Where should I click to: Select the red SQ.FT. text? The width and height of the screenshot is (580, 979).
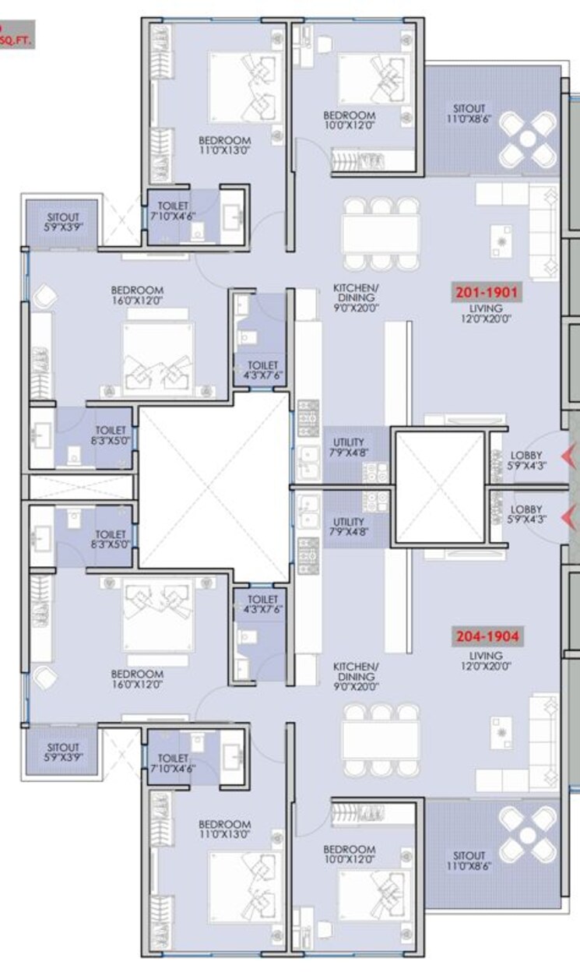[x=16, y=42]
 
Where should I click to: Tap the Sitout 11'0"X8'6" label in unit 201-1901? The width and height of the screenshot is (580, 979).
[x=469, y=114]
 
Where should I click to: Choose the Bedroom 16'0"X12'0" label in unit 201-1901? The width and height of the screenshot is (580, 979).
[x=137, y=295]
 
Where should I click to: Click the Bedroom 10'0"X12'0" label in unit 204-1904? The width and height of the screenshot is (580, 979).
[x=350, y=854]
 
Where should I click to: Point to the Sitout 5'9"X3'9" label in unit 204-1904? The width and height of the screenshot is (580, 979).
[x=62, y=752]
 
